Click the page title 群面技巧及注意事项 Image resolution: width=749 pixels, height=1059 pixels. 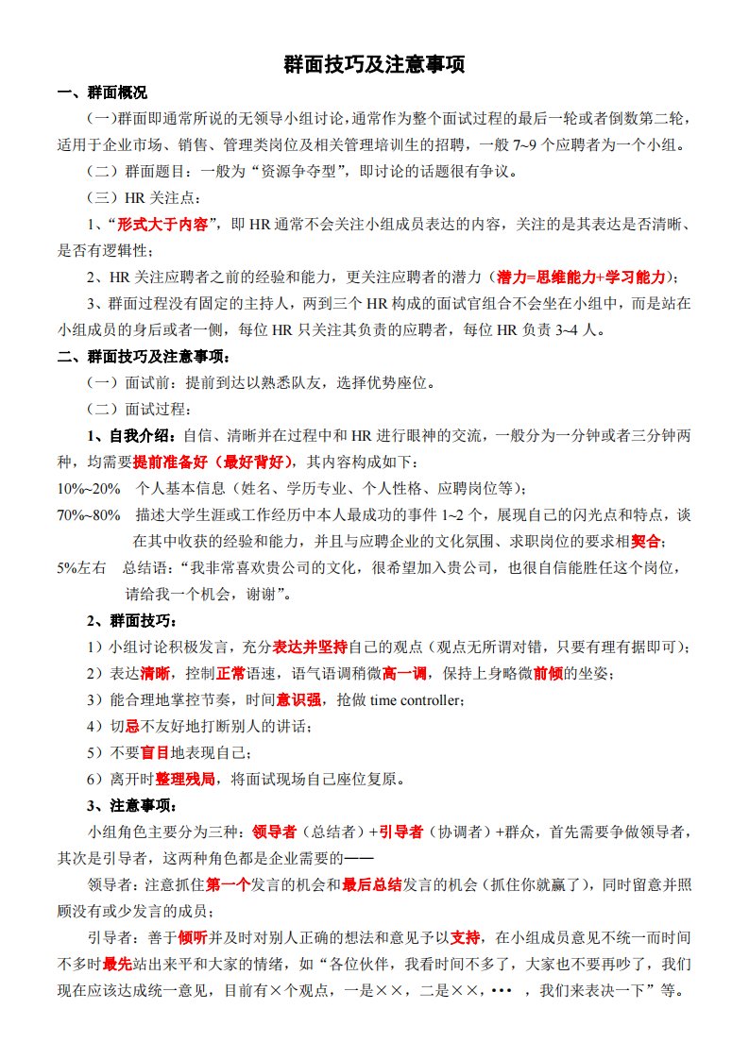tap(374, 65)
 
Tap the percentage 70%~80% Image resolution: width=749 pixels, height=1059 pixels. tap(89, 515)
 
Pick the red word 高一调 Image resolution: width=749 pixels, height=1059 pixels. tap(402, 674)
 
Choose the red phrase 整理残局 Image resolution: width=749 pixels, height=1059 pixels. tap(185, 780)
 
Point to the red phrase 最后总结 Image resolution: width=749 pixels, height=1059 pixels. tap(372, 885)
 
